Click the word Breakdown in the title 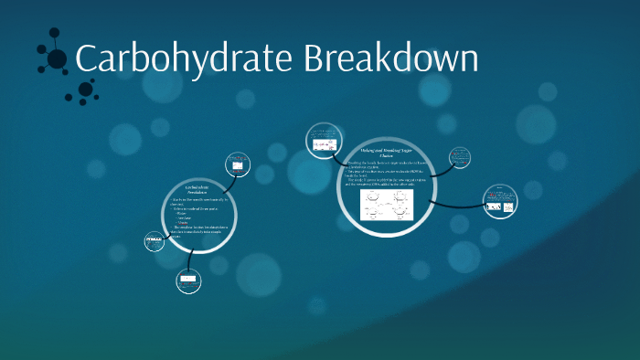(391, 58)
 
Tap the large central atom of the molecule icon (57, 59)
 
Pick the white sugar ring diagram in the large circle (387, 205)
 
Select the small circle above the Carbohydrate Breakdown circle (237, 165)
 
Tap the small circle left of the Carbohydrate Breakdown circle (155, 242)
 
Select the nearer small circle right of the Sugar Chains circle (460, 159)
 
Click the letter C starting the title (85, 60)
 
